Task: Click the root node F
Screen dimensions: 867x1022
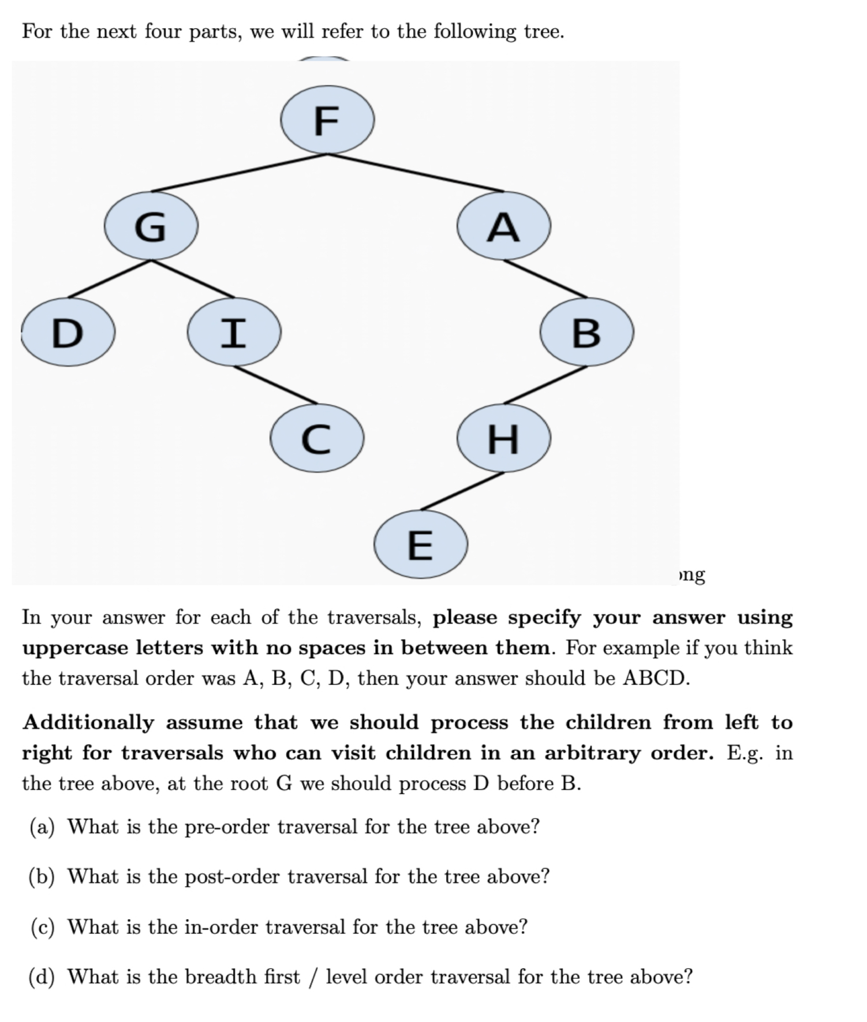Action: tap(327, 120)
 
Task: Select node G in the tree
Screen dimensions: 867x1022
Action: tap(151, 226)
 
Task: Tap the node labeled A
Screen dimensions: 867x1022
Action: tap(503, 226)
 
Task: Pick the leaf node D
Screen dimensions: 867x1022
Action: tap(68, 332)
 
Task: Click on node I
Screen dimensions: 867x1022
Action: tap(234, 332)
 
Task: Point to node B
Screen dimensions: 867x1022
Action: tap(586, 332)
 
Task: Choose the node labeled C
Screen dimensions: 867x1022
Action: tap(317, 438)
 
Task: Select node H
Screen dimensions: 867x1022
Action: tap(503, 438)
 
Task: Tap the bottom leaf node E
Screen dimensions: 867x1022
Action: tap(420, 544)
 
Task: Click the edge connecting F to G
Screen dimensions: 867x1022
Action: tap(240, 173)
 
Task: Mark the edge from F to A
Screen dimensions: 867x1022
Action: tap(416, 173)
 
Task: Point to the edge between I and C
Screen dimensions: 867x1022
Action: tap(275, 385)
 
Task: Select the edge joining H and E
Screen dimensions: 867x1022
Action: tap(462, 491)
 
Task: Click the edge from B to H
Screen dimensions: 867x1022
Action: tap(545, 385)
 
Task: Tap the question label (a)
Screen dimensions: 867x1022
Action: tap(42, 827)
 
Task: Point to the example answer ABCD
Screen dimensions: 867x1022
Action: tap(656, 678)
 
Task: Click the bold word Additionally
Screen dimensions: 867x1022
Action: tap(88, 722)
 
